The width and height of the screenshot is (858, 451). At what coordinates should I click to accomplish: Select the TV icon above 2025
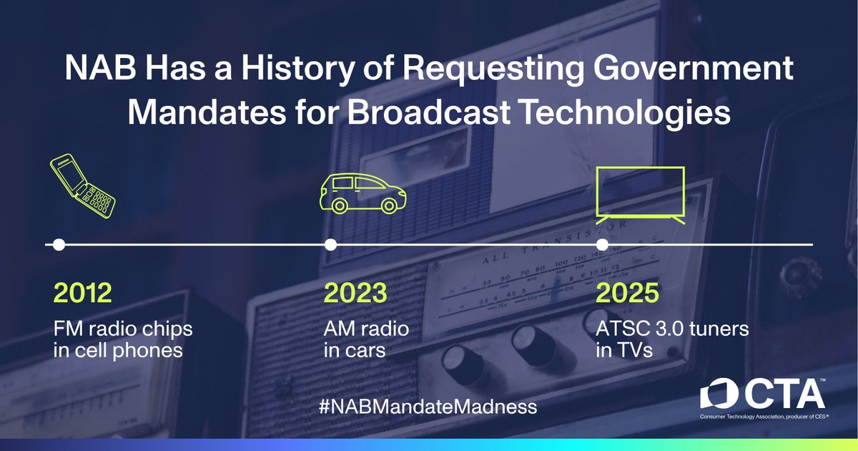[641, 194]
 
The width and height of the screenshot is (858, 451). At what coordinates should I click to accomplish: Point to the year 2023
[356, 294]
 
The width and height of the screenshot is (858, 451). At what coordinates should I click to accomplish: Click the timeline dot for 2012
[59, 245]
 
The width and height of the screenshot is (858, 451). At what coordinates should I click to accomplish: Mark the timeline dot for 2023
[330, 245]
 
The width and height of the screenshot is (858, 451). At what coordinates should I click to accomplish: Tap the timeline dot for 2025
[603, 245]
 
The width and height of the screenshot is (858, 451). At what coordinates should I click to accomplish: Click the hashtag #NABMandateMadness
[428, 407]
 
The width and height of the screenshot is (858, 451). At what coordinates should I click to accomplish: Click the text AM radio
[366, 329]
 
